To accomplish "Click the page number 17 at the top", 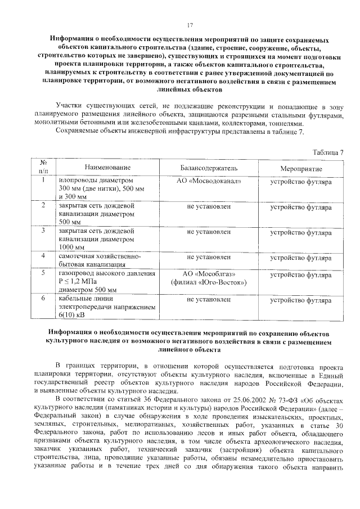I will (190, 25).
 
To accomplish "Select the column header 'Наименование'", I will (107, 168).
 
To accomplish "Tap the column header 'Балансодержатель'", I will (209, 168).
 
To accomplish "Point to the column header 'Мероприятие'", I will (301, 168).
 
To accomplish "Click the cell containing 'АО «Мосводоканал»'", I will (209, 182).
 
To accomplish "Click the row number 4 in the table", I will (43, 256).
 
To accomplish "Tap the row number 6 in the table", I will (43, 300).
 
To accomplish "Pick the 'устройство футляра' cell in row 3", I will (301, 231).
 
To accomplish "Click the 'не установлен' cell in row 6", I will (209, 300).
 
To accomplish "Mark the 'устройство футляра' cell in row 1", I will (301, 182).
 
